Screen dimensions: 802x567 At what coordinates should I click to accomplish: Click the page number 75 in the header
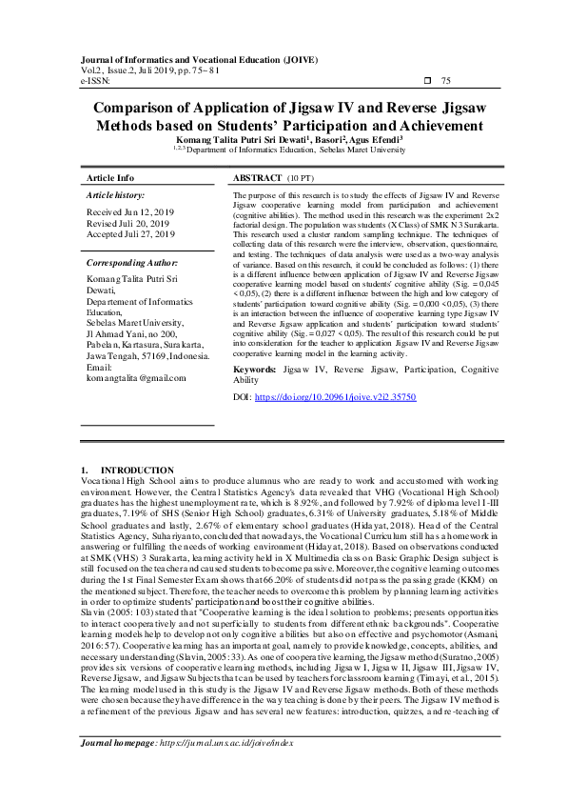point(446,81)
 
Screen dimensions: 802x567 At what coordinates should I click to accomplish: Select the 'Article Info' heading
point(110,178)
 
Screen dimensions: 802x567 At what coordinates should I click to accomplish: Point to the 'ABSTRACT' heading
point(257,178)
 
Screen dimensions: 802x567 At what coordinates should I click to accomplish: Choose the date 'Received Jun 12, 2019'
point(129,212)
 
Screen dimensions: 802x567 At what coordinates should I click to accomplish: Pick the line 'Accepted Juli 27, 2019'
point(130,233)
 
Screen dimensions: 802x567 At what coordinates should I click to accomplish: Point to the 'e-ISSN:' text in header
point(96,81)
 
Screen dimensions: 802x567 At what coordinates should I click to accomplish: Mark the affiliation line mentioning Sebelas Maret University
point(283,150)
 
